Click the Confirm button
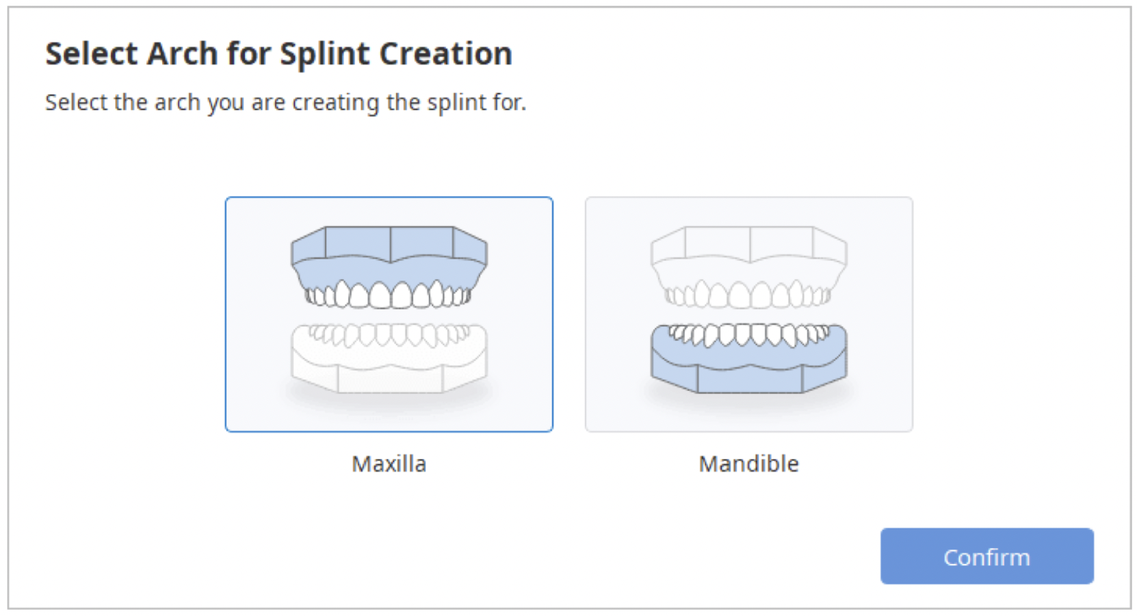pyautogui.click(x=986, y=556)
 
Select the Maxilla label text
pyautogui.click(x=389, y=464)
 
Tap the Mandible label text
pyautogui.click(x=748, y=464)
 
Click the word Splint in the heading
pyautogui.click(x=325, y=54)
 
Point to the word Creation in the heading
pyautogui.click(x=445, y=54)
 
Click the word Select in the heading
pyautogui.click(x=92, y=54)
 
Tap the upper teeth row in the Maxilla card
pyautogui.click(x=389, y=295)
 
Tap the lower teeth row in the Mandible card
pyautogui.click(x=748, y=335)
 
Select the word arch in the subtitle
pyautogui.click(x=177, y=103)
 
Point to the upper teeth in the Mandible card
pyautogui.click(x=748, y=295)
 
